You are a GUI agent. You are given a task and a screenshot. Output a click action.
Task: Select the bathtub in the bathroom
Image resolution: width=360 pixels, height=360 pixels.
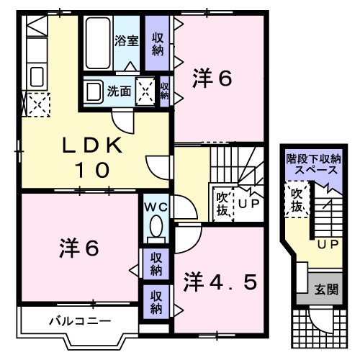click(x=99, y=41)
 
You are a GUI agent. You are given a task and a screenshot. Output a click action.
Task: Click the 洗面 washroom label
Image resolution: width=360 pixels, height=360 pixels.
click(x=119, y=91)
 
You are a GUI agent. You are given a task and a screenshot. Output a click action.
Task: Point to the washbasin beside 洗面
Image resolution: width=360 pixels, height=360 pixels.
click(x=93, y=91)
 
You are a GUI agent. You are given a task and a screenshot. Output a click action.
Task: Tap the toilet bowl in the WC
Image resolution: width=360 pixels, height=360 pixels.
click(x=154, y=228)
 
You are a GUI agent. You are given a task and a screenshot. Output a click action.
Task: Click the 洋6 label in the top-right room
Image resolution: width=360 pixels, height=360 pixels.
click(x=212, y=79)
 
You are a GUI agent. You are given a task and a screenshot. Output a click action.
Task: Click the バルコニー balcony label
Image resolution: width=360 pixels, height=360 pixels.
click(x=70, y=320)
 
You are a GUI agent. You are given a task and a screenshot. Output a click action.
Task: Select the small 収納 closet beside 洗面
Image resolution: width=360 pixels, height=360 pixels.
click(x=165, y=91)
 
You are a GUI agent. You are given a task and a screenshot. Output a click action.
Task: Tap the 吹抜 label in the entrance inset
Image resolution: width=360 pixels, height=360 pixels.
click(x=295, y=199)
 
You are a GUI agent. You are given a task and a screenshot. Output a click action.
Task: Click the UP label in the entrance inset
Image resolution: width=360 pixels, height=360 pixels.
click(x=328, y=246)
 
